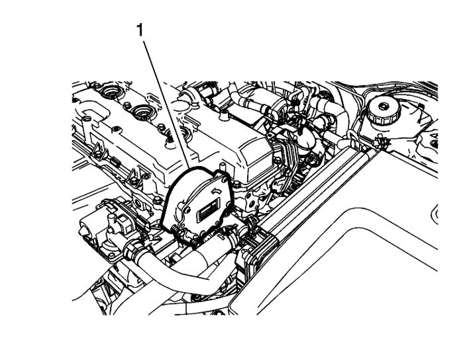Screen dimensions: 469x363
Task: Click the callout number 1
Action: click(140, 30)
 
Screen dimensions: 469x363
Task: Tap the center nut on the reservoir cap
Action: click(383, 106)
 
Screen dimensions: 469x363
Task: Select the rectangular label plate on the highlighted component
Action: click(207, 211)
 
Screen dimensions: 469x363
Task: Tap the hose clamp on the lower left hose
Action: click(132, 249)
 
